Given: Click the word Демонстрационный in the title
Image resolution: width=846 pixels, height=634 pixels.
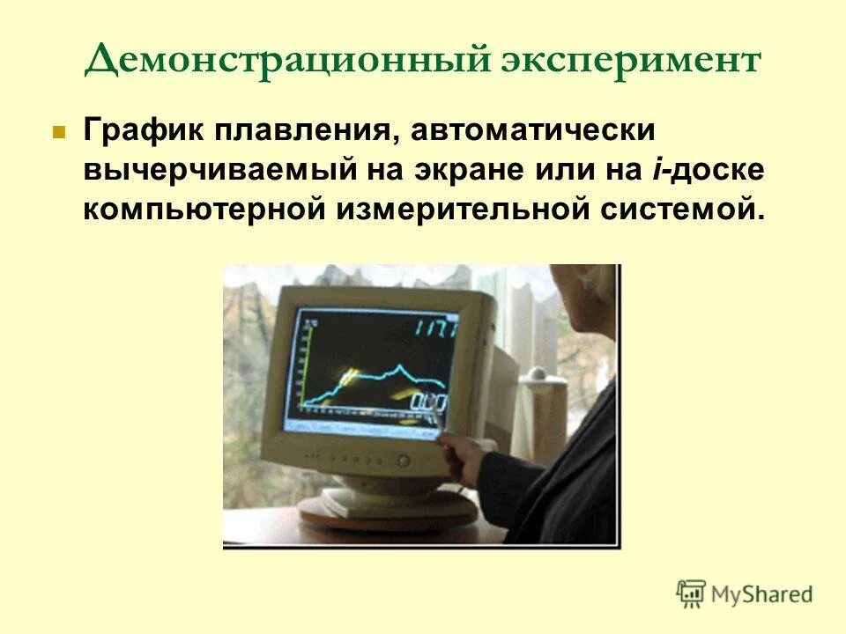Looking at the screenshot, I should tap(282, 62).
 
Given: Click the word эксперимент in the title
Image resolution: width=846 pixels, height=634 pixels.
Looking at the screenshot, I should tap(631, 62).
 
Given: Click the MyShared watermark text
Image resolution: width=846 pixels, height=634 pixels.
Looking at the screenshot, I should tap(761, 594).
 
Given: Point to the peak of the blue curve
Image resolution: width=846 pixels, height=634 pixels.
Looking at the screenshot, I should tap(399, 365).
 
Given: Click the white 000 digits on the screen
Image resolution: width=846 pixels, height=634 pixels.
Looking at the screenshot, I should tap(429, 404).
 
